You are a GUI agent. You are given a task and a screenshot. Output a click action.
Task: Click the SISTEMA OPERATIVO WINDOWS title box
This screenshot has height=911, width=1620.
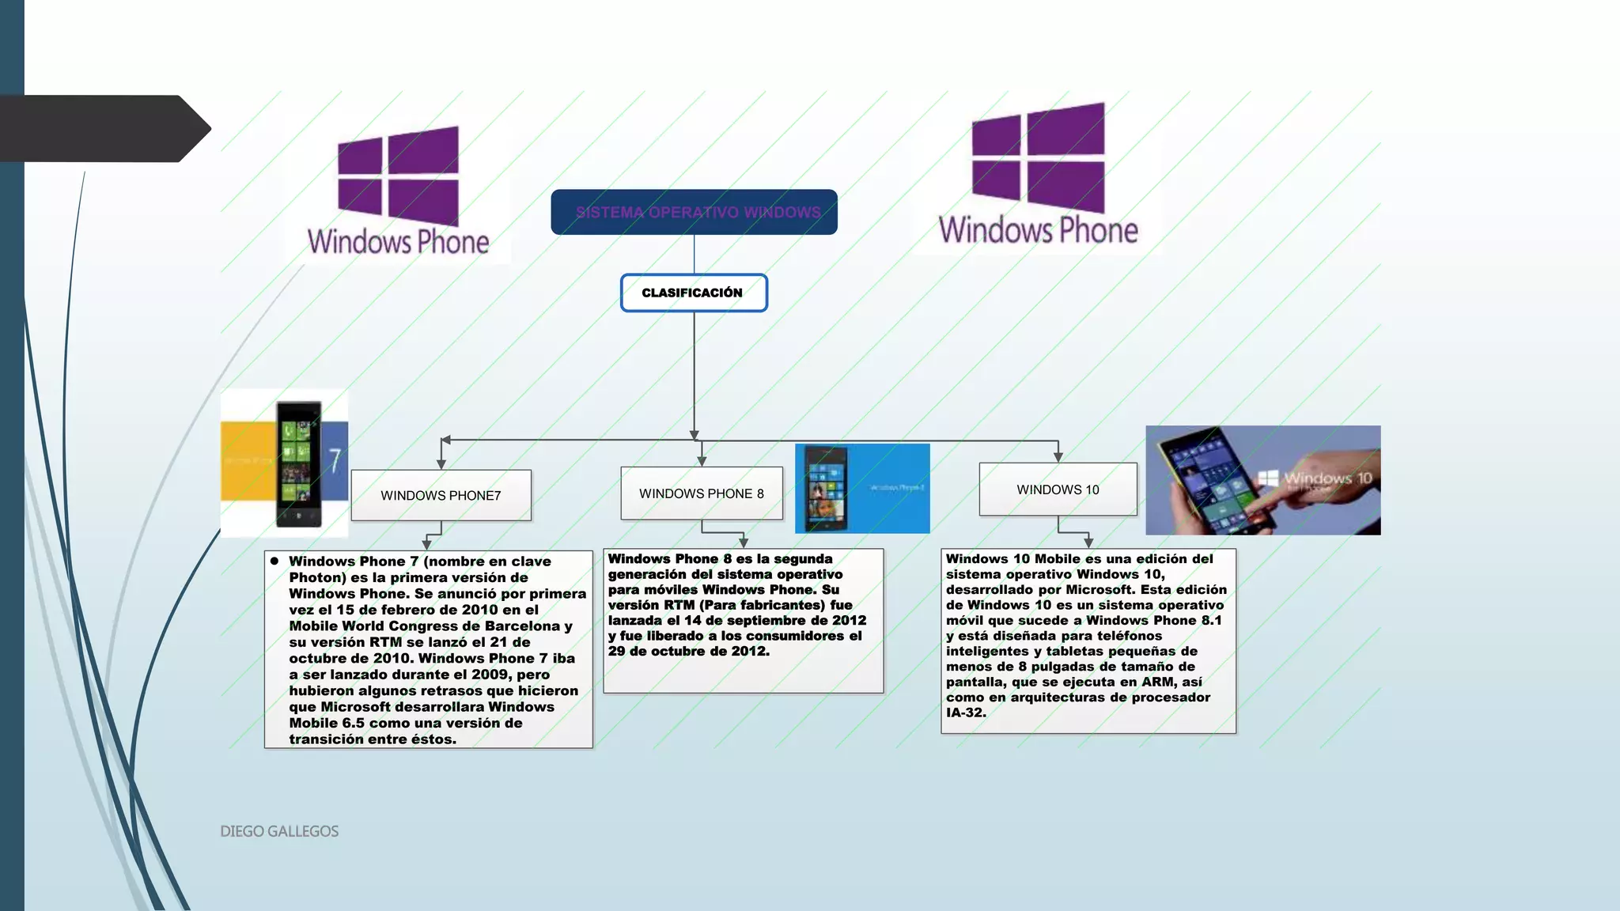(x=694, y=212)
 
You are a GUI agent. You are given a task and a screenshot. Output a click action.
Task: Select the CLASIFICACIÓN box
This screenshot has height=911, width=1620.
(x=693, y=293)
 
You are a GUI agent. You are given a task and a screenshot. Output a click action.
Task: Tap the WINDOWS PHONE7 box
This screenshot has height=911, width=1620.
(x=441, y=495)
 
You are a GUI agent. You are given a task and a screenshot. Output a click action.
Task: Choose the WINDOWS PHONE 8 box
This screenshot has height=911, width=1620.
(x=701, y=493)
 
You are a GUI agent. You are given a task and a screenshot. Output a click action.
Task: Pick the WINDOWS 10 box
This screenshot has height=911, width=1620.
(x=1058, y=490)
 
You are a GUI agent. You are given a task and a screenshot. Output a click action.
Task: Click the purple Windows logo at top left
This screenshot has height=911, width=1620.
(x=398, y=176)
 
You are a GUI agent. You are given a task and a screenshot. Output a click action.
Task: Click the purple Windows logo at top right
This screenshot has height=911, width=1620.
(x=1038, y=158)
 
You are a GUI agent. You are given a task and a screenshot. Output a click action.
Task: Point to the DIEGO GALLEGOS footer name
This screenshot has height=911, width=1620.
(x=279, y=831)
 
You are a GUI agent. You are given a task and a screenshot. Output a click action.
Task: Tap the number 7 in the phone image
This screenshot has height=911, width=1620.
(x=335, y=460)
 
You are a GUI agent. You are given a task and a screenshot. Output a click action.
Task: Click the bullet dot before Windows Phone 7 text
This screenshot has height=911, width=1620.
(x=274, y=561)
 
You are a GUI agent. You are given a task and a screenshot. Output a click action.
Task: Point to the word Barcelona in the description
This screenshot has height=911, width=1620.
(x=522, y=626)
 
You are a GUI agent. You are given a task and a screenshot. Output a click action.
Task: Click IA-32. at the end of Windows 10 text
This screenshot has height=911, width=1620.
(x=966, y=713)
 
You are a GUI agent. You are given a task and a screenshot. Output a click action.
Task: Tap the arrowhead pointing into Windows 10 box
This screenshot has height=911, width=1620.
(x=1058, y=457)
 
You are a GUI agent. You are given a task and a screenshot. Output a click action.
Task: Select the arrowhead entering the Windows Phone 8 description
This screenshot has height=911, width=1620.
(x=743, y=542)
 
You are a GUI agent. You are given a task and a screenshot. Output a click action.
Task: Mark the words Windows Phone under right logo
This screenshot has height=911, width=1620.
(x=1038, y=230)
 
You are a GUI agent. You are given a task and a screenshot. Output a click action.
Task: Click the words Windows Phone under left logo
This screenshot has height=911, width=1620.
(x=398, y=242)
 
